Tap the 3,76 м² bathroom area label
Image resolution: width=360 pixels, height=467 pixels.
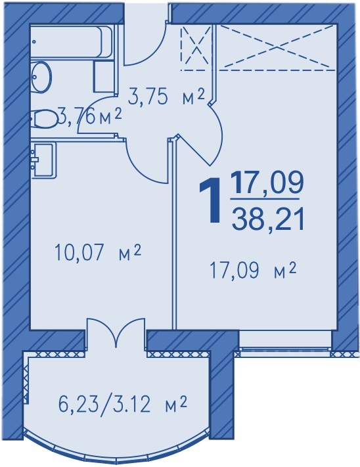tap(90, 118)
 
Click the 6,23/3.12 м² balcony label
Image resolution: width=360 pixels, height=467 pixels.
tap(122, 404)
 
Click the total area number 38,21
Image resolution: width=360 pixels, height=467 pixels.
tap(268, 220)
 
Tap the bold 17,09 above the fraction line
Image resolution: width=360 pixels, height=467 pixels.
tap(267, 183)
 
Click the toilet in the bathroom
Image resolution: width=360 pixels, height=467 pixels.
tap(45, 118)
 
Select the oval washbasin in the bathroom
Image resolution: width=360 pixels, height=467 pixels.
tap(41, 77)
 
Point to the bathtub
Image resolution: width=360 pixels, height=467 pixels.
tap(72, 42)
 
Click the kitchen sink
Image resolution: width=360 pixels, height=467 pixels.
tap(43, 160)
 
